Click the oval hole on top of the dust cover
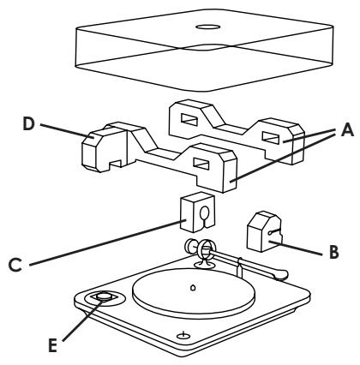[207, 27]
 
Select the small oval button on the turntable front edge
[182, 335]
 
